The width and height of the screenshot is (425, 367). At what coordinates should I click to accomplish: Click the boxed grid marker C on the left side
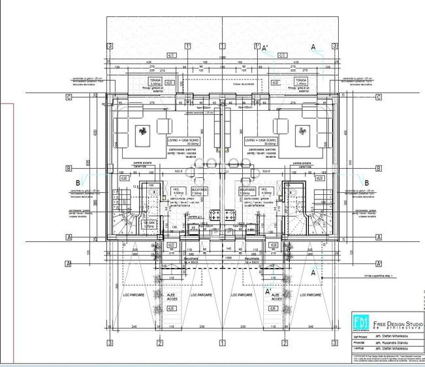68,96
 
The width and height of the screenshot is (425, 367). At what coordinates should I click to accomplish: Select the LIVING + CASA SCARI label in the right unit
260,140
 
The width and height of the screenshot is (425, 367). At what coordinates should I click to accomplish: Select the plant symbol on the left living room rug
142,133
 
